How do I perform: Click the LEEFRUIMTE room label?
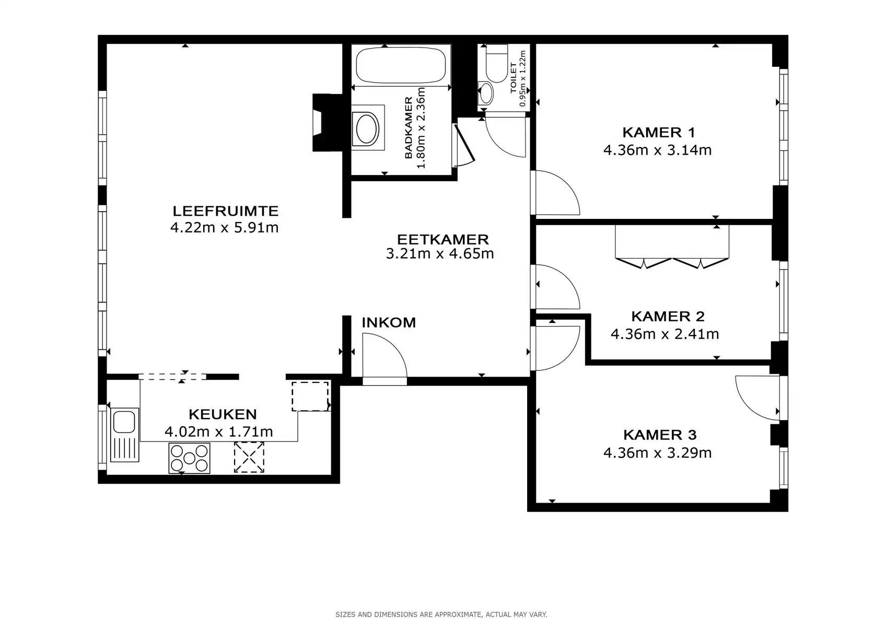click(x=225, y=211)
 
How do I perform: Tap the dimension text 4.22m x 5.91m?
click(x=224, y=228)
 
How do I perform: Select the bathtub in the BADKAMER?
click(x=401, y=65)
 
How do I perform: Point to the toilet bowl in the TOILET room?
click(x=496, y=63)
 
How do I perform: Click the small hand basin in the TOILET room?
click(x=486, y=94)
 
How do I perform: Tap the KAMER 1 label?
click(x=658, y=132)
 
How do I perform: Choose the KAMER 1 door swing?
click(x=556, y=193)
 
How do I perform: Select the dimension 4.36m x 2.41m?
click(x=664, y=334)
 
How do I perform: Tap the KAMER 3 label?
click(x=659, y=435)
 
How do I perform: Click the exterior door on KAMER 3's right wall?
click(x=757, y=397)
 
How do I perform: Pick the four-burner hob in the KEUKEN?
click(x=189, y=458)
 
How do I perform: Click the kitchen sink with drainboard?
click(x=124, y=435)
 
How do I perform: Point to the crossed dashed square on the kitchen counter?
click(x=249, y=457)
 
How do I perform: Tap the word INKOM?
click(x=389, y=322)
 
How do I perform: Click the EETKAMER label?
click(x=442, y=239)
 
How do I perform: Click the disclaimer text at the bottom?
click(x=441, y=614)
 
